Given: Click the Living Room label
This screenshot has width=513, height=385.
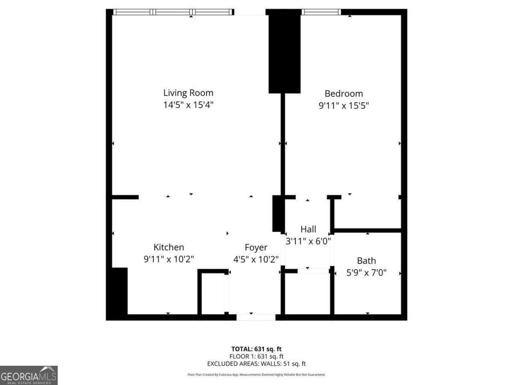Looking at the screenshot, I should (x=188, y=93).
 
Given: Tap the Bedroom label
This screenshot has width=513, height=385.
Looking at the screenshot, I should (x=344, y=94).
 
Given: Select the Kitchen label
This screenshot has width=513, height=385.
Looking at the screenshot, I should (x=169, y=247).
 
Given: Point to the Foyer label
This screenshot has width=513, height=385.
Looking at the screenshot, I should (x=256, y=248).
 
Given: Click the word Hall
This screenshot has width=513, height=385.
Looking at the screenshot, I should (x=308, y=229).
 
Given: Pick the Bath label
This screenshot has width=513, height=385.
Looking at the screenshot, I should (x=366, y=261).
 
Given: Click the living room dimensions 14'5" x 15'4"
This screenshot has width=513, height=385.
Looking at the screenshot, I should (x=188, y=105).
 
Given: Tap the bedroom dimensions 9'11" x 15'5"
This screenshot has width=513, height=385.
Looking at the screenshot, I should (x=344, y=105).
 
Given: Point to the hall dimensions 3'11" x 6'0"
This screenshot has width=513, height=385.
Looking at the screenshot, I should (x=308, y=241).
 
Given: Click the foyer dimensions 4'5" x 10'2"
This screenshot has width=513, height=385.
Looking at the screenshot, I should (x=256, y=259).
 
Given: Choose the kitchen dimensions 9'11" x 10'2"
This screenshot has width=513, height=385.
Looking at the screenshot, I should (x=169, y=259).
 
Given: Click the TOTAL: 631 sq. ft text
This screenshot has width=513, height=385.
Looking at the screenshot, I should (x=256, y=349).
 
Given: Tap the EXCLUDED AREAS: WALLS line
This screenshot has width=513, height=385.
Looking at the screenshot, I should (x=256, y=364).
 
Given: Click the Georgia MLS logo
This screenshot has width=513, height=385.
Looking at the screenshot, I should (x=29, y=375).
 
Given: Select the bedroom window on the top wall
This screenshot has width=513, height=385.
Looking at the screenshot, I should (x=321, y=12).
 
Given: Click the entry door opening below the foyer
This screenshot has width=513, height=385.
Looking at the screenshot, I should (x=256, y=317).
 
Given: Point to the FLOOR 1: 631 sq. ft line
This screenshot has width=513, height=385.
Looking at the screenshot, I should (x=256, y=356).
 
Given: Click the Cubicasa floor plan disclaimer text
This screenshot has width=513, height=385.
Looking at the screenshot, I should (x=256, y=375).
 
